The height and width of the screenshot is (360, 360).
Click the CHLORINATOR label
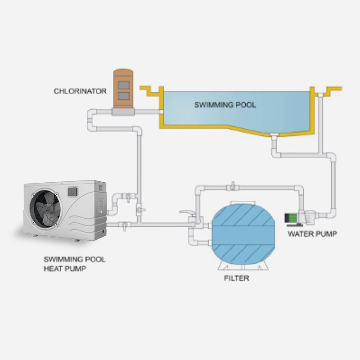[x=80, y=91]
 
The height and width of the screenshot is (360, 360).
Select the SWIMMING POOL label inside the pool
[x=225, y=105]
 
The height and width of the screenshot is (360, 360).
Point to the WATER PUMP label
[x=312, y=234]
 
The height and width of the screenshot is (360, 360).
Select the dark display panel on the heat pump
[x=72, y=191]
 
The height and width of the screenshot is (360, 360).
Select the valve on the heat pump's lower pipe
[x=123, y=224]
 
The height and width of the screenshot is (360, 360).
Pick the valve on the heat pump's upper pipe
[x=128, y=196]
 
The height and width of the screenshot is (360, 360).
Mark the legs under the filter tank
[x=243, y=268]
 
